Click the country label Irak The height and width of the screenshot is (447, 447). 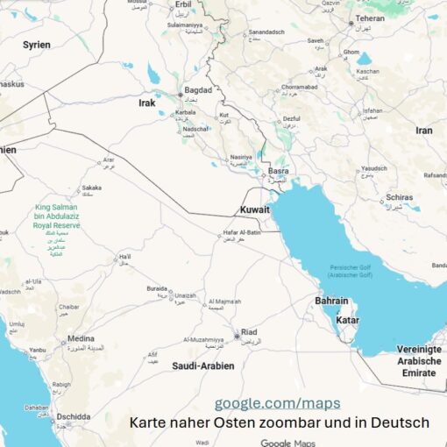coord(146,103)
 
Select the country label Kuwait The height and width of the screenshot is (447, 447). coord(254,210)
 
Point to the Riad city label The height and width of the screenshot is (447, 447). coord(249,331)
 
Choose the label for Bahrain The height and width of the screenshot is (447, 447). coord(332,301)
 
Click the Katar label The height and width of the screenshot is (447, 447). coord(347,320)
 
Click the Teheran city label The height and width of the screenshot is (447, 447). coord(369,18)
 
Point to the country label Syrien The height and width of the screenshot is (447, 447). coord(36,44)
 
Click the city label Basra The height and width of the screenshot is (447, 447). coord(279,171)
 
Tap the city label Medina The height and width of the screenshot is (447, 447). coord(81,338)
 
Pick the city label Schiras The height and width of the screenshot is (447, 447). coord(399,198)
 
